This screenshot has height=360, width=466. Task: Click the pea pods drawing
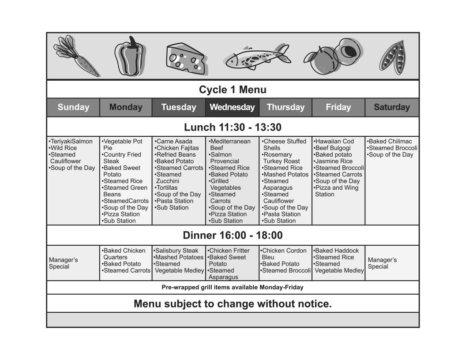coord(393,56)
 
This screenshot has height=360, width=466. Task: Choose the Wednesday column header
coord(232,107)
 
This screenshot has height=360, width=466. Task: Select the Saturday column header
coord(391,107)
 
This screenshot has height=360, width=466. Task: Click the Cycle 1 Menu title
coord(233,90)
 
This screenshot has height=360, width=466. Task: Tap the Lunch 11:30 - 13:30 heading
coord(233,127)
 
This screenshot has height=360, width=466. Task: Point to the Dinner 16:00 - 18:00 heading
coord(233,236)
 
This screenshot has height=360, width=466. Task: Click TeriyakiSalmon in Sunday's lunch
coord(71,142)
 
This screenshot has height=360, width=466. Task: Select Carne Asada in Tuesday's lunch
coord(174,142)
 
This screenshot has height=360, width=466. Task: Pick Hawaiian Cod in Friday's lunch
coord(334,142)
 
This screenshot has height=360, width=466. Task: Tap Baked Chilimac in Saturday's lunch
coord(390,142)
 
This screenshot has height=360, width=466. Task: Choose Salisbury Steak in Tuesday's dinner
coord(177,251)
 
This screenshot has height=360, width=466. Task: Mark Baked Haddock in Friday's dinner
coord(337,251)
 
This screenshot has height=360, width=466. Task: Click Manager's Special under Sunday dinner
coord(63,263)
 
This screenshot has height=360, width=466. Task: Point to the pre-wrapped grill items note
coord(233,287)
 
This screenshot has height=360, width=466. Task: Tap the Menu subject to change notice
coord(233,304)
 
